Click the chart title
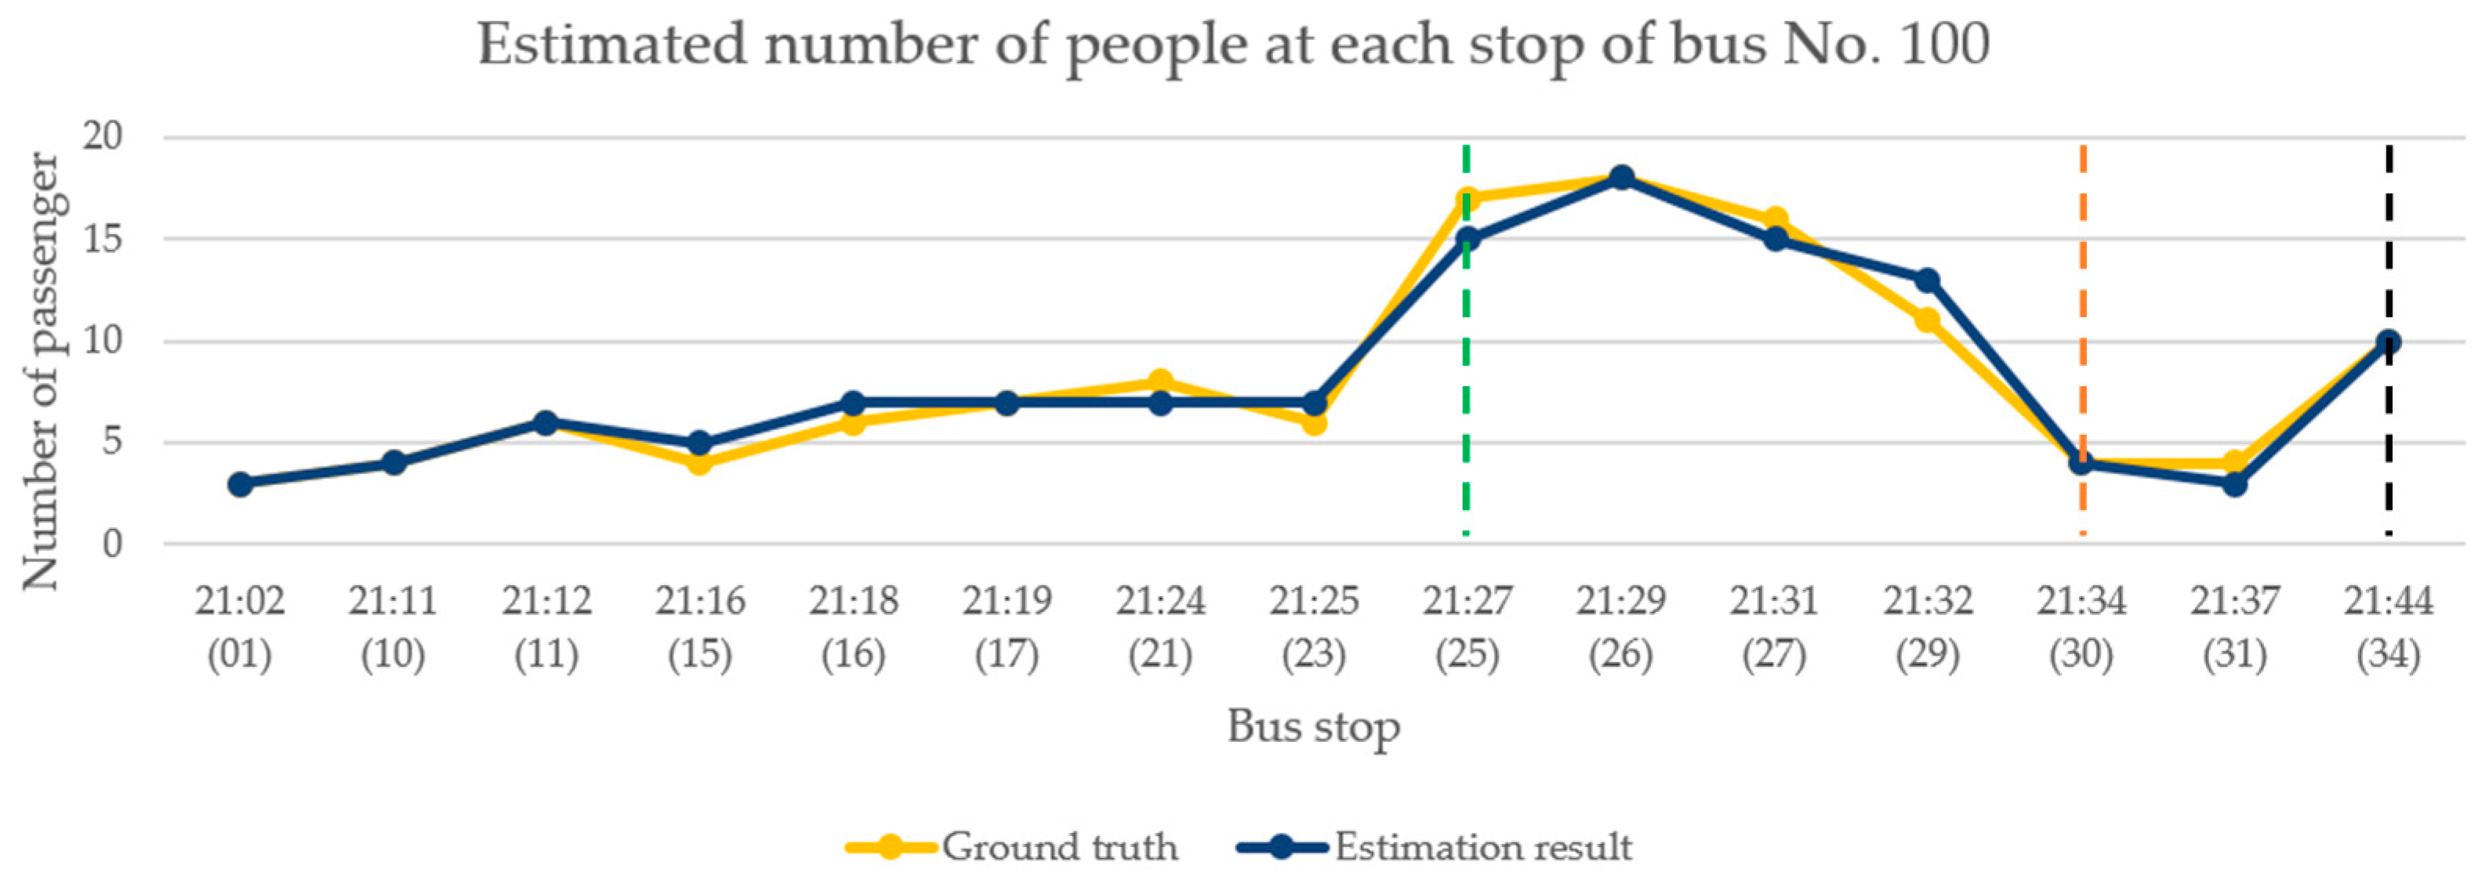[x=1234, y=45]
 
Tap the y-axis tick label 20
[x=103, y=136]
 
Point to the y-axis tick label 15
[x=103, y=239]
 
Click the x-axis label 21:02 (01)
[x=240, y=628]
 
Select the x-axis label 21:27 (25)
[x=1467, y=628]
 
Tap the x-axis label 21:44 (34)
[x=2388, y=628]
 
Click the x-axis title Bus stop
[x=1313, y=726]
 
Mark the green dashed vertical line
[x=1467, y=386]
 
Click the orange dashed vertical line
[x=2082, y=290]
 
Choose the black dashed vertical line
[x=2389, y=241]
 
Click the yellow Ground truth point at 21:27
[x=1467, y=199]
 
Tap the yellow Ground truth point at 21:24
[x=1160, y=382]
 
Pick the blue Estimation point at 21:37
[x=2235, y=483]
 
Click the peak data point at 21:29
[x=1621, y=178]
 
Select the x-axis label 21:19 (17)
[x=1007, y=628]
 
